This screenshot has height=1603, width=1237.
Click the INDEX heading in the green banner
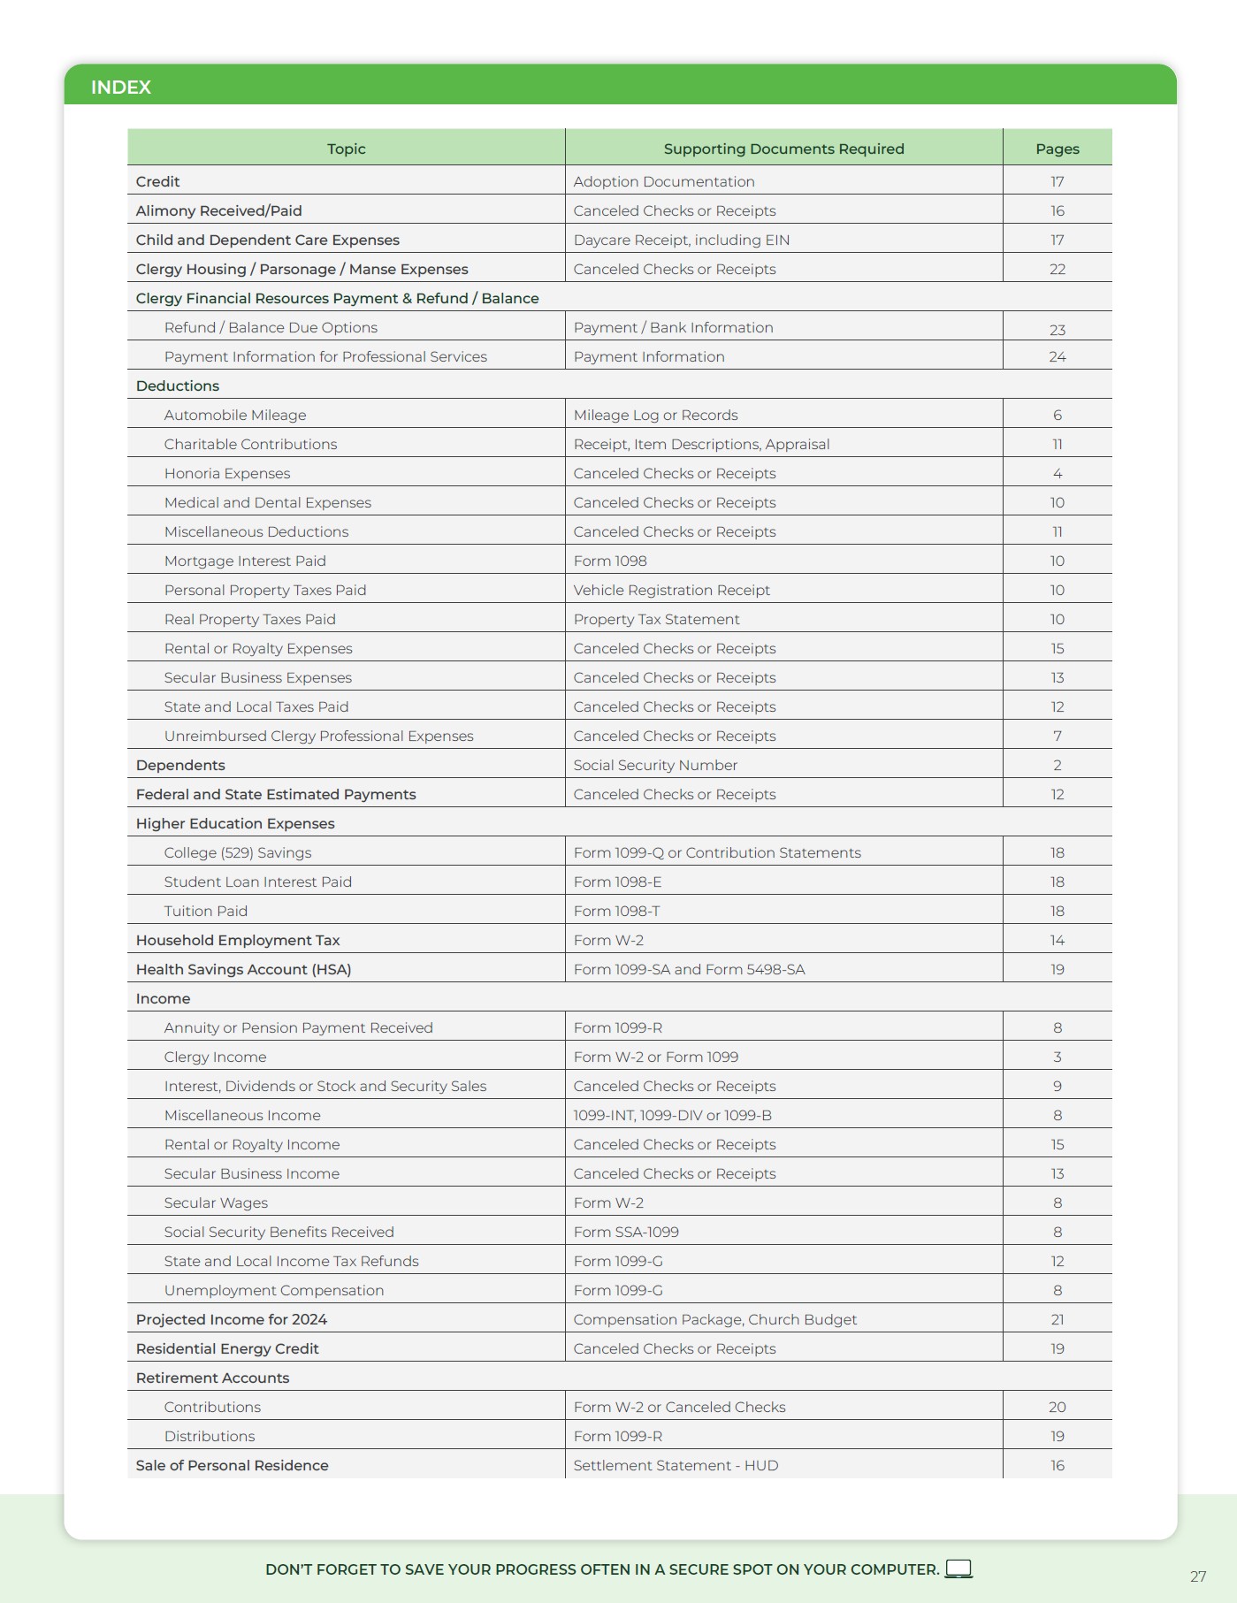(121, 88)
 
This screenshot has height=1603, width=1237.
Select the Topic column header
(346, 149)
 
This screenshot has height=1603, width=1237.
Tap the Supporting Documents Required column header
(783, 149)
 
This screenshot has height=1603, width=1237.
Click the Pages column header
(1057, 149)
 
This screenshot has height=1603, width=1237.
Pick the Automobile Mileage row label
(235, 415)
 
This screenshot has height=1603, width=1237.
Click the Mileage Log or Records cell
(655, 415)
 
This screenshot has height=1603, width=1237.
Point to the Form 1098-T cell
(616, 911)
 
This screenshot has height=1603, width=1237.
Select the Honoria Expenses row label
(227, 473)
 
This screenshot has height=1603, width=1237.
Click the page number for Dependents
(1057, 765)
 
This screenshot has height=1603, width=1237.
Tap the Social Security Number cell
(655, 765)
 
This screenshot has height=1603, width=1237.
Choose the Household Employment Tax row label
(238, 940)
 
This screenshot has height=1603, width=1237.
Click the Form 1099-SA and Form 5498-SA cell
(689, 969)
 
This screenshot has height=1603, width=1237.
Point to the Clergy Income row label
(215, 1057)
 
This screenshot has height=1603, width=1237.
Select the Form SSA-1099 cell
(626, 1232)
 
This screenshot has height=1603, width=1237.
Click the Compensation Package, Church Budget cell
(714, 1319)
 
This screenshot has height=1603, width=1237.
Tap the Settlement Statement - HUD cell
(676, 1465)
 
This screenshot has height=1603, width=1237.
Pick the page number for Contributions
(1057, 1407)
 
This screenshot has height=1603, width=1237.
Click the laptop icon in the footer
(958, 1569)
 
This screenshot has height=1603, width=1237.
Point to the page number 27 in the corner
(1197, 1576)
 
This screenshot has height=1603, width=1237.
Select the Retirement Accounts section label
(212, 1378)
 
